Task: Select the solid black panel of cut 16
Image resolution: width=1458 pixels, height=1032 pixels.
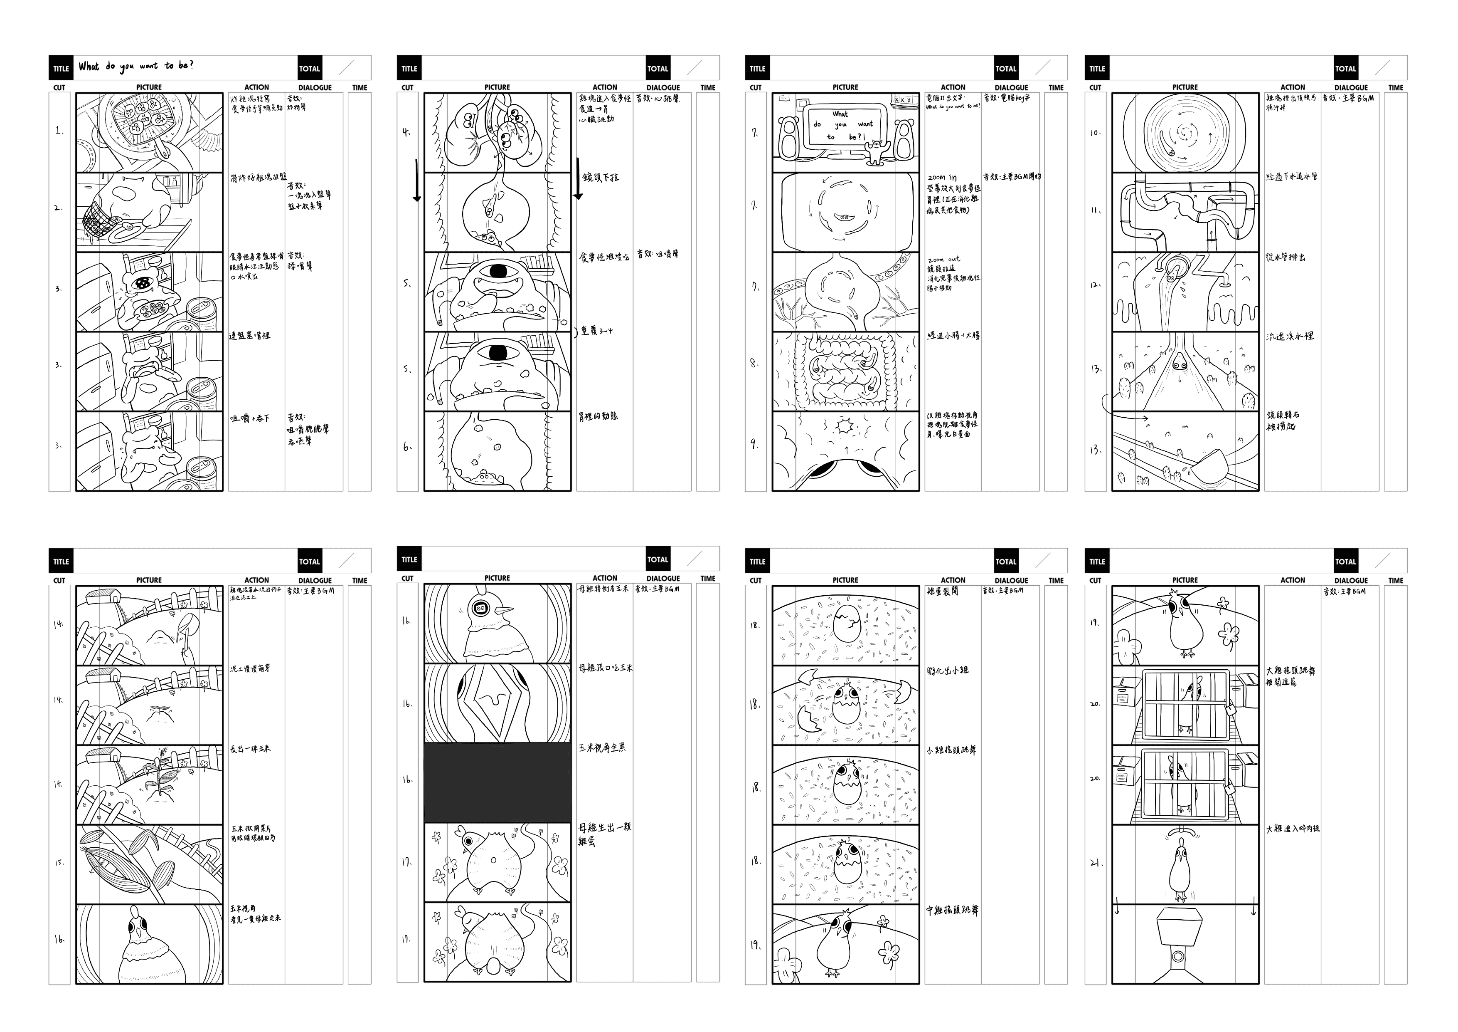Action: pos(497,783)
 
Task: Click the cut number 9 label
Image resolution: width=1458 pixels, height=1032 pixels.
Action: pos(754,444)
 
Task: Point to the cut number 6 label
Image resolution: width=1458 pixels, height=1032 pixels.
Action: pos(407,447)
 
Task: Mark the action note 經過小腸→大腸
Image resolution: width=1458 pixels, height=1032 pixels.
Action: pos(953,336)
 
